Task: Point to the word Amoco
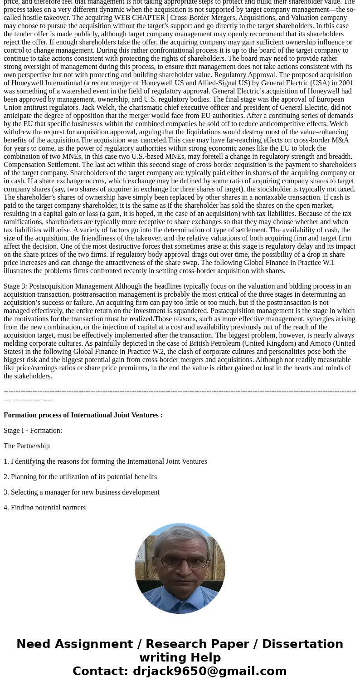(x=321, y=343)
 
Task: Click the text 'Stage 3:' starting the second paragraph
(x=15, y=286)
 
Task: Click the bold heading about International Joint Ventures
(x=83, y=415)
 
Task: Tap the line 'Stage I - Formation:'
(x=33, y=431)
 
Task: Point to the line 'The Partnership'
(x=27, y=446)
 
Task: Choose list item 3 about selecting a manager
(x=82, y=492)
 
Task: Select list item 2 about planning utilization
(x=80, y=477)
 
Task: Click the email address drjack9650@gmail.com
(x=209, y=671)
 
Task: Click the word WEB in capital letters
(x=122, y=18)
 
